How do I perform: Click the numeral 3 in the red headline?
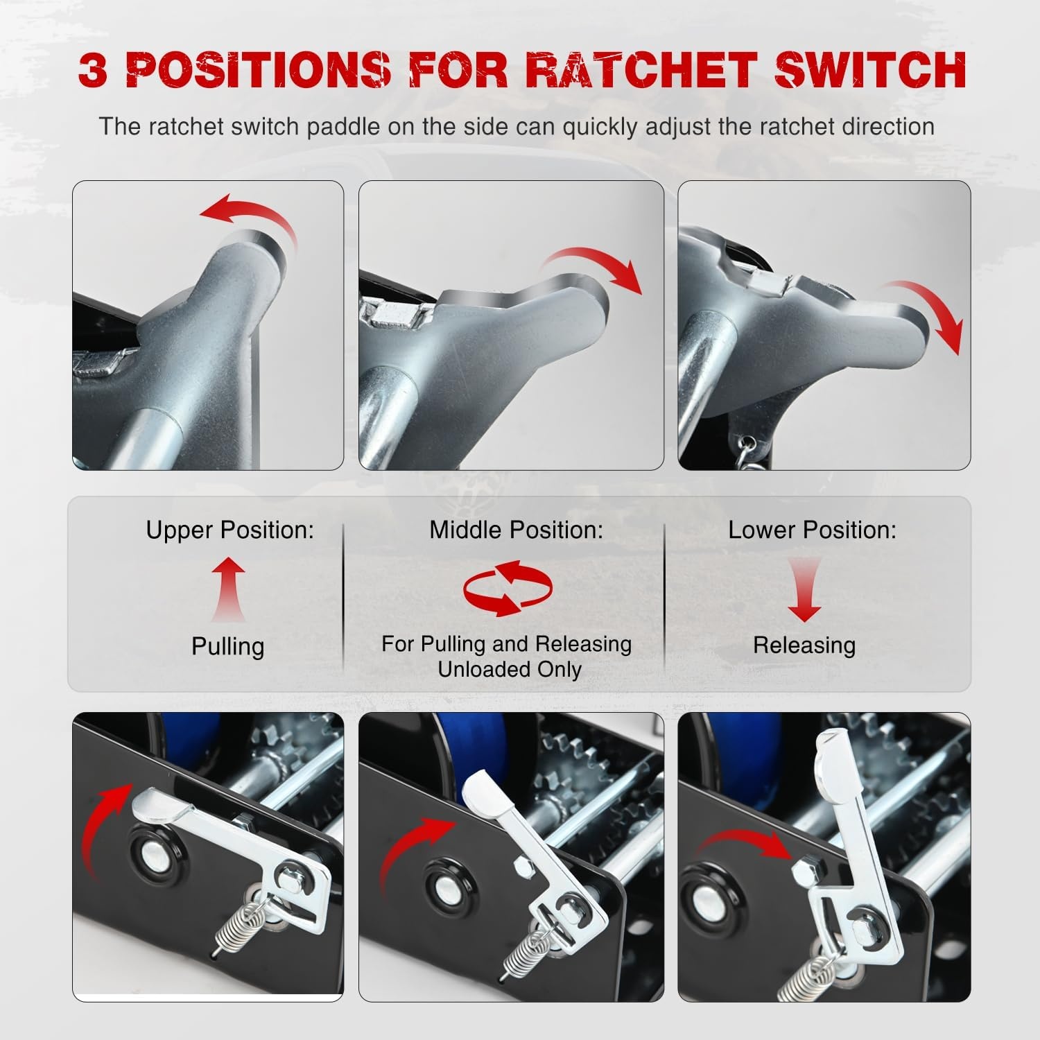point(93,69)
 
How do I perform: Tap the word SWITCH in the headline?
point(869,69)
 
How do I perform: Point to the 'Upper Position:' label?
point(229,530)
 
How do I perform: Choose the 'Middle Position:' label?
point(516,530)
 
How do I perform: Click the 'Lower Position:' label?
point(812,530)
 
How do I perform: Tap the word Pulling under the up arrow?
point(228,646)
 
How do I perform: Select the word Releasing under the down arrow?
point(804,645)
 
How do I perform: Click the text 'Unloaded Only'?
point(510,670)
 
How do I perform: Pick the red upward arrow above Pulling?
point(229,590)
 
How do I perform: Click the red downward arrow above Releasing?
point(805,590)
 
